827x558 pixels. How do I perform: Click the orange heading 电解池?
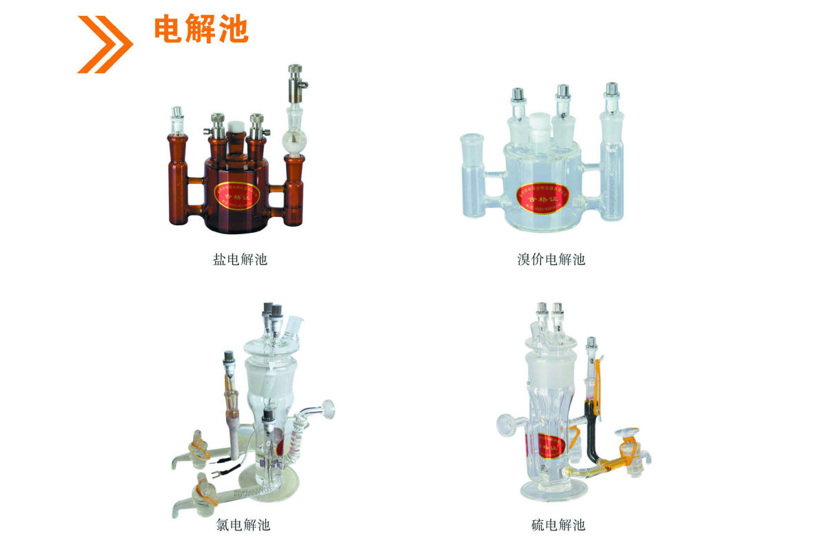(x=201, y=30)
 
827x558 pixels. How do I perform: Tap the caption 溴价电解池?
(x=551, y=260)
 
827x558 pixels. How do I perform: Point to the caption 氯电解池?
(x=243, y=526)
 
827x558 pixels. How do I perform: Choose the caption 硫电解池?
(x=558, y=526)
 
